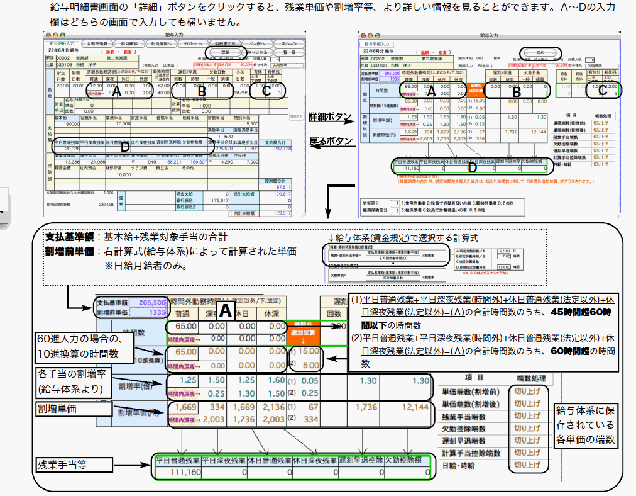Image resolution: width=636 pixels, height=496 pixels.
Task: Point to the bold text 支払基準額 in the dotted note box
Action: tap(69, 237)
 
